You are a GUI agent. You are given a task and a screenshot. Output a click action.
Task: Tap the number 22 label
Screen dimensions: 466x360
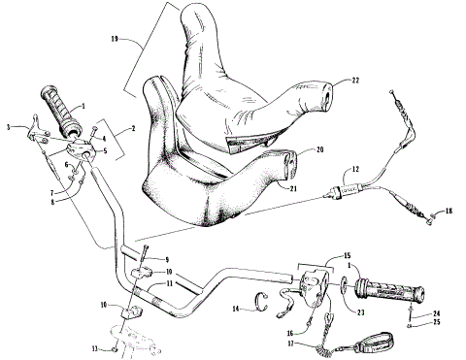coord(355,82)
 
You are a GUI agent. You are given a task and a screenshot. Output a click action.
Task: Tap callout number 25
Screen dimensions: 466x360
coord(436,323)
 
